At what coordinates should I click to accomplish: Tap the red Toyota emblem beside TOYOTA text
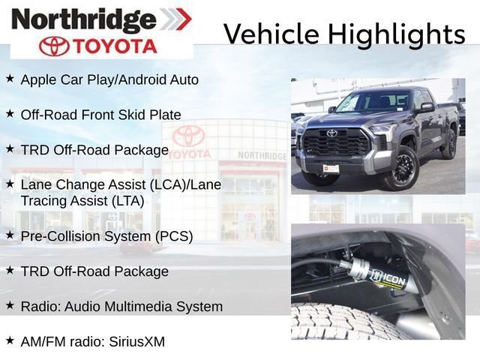tap(55, 46)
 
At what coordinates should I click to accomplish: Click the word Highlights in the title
tap(394, 34)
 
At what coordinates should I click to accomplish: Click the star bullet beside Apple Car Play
tap(10, 78)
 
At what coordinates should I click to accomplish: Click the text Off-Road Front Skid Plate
tap(100, 115)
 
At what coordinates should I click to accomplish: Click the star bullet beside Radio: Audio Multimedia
tap(10, 305)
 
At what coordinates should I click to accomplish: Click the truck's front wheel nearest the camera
tap(398, 168)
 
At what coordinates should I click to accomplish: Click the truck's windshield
tap(373, 102)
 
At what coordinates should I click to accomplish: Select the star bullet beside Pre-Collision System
tap(10, 235)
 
